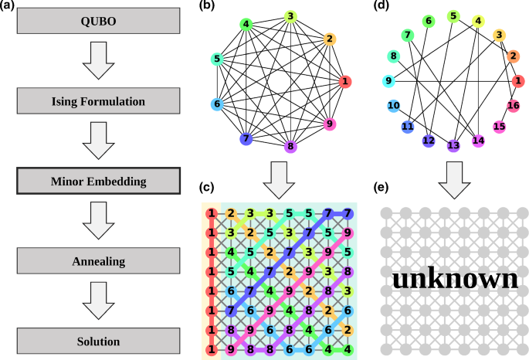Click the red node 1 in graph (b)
point(345,81)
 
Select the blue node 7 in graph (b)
point(246,139)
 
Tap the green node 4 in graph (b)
point(246,24)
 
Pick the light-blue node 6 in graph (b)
point(218,105)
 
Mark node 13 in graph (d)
point(453,144)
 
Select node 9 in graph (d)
point(388,80)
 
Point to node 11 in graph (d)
point(407,126)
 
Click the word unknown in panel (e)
point(454,279)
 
